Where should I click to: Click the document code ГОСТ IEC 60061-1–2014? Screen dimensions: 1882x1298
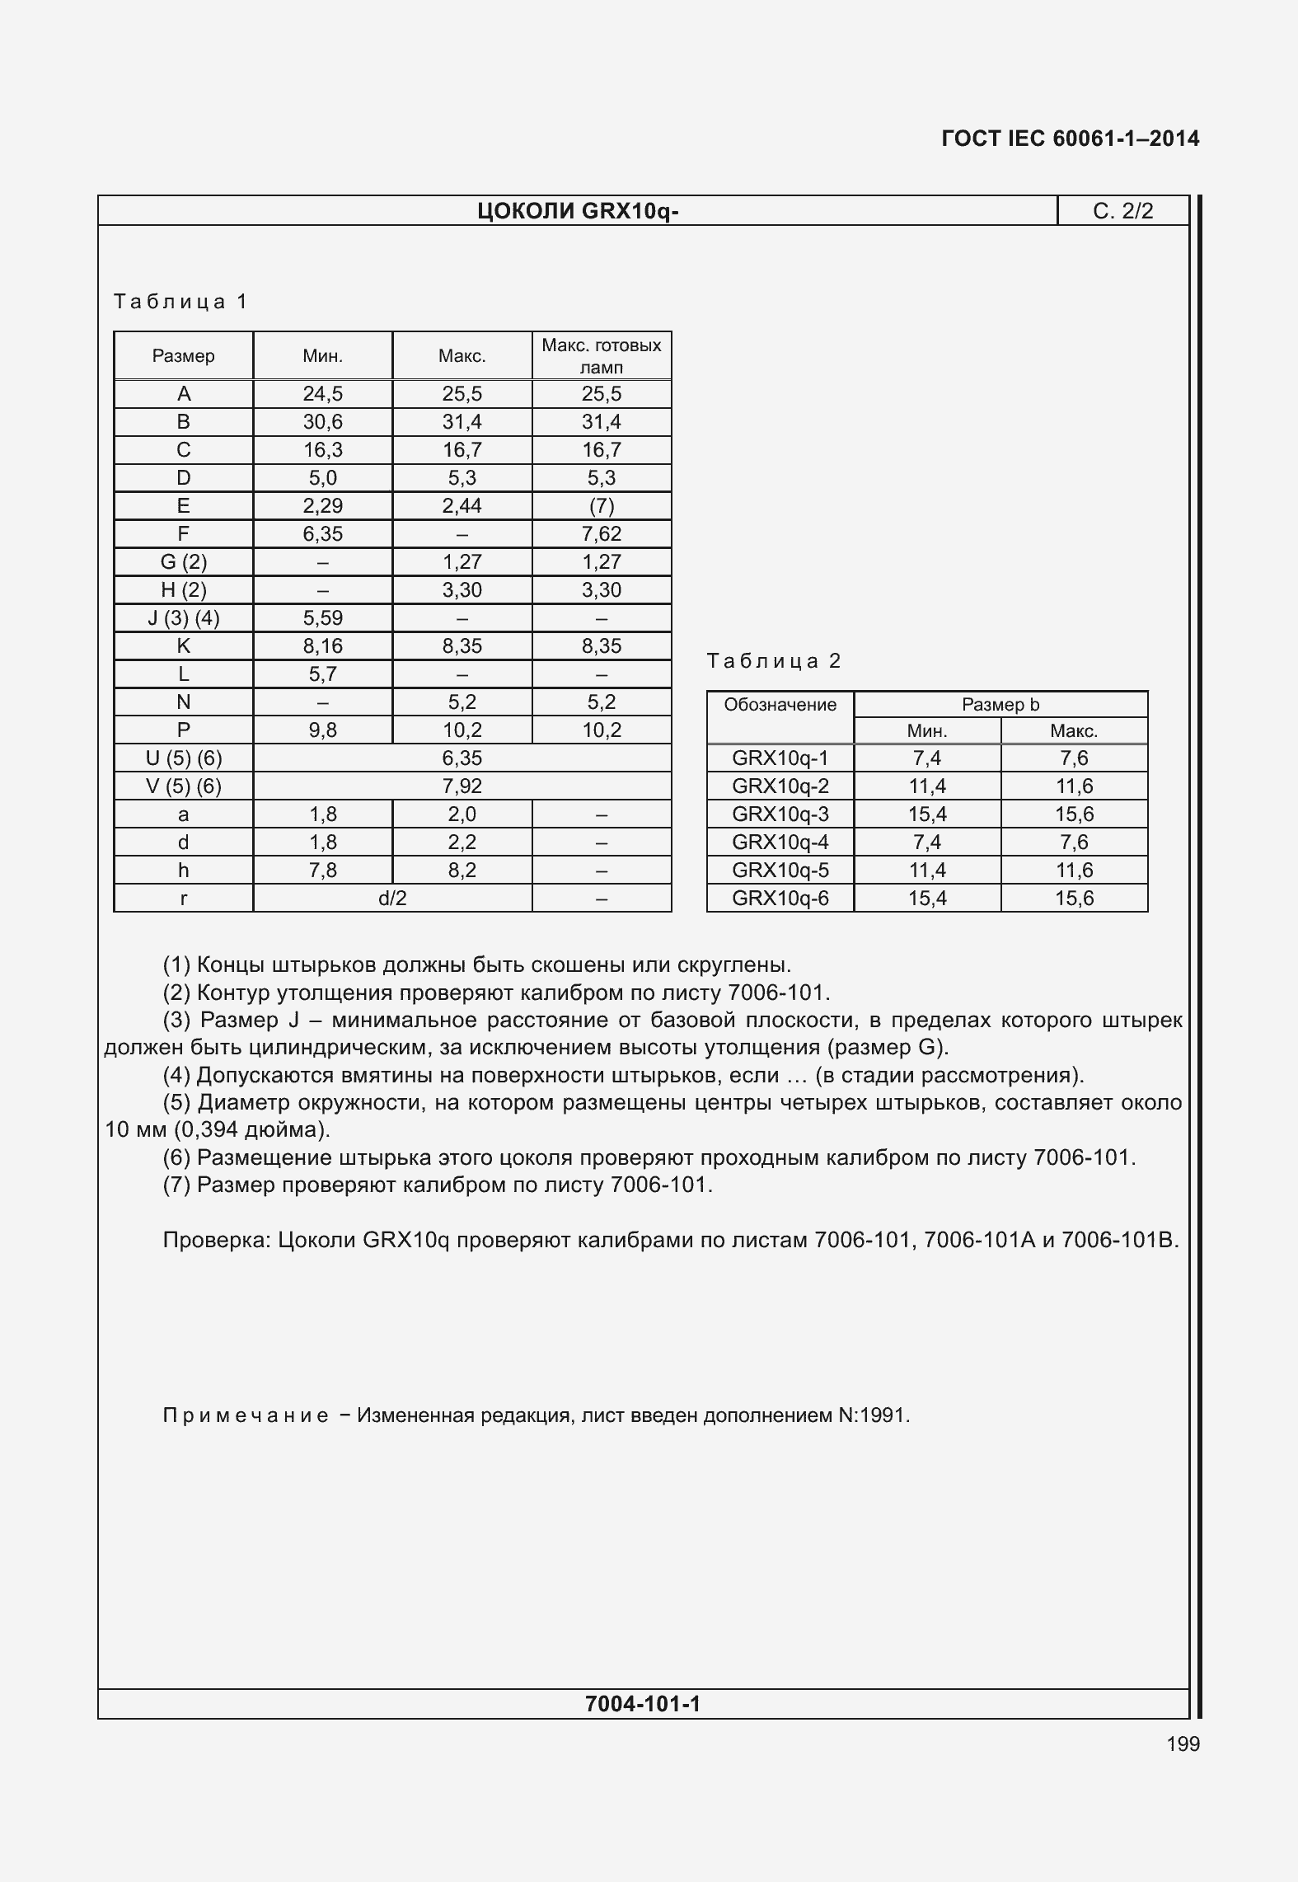(x=1070, y=138)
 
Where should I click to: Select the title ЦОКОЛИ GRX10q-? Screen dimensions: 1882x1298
(x=578, y=212)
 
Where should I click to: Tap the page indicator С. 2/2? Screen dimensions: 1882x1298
(x=1122, y=212)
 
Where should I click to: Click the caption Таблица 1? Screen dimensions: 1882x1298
(x=180, y=302)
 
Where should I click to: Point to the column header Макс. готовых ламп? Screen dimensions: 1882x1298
(x=602, y=356)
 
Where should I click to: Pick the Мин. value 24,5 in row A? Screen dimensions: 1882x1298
(x=322, y=394)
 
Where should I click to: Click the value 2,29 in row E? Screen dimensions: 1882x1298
(x=322, y=506)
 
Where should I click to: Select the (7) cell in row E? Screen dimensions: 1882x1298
(x=602, y=506)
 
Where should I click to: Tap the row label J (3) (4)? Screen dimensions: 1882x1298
(x=183, y=618)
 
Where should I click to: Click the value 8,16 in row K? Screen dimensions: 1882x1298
(x=322, y=646)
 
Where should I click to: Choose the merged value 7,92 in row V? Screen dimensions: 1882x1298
(x=462, y=786)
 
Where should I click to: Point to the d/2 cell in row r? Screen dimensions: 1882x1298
(x=392, y=899)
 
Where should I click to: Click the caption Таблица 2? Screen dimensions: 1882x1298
(x=774, y=661)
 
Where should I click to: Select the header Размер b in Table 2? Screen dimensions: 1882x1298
(x=1000, y=705)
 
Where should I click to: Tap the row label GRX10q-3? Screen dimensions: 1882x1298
(x=780, y=814)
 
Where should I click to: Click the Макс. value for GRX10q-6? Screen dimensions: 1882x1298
(x=1074, y=899)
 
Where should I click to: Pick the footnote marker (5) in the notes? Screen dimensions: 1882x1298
(x=176, y=1103)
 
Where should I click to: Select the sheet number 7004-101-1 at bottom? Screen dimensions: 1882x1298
(x=642, y=1704)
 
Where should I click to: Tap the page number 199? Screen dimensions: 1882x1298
(x=1183, y=1744)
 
